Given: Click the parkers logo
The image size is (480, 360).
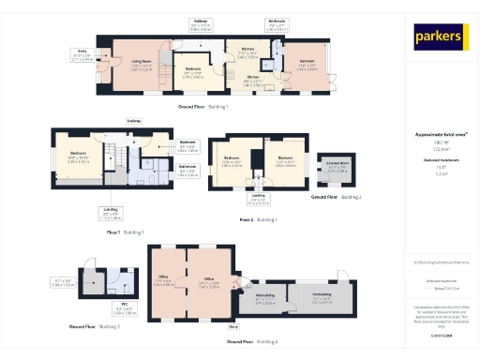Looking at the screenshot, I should coord(440,37).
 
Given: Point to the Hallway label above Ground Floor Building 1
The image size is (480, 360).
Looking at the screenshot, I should coord(201,22).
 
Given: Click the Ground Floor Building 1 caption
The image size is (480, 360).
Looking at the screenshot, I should coord(202,107).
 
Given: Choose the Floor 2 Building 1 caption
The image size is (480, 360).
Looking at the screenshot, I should coord(259,218).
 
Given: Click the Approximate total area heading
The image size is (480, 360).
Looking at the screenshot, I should coord(440,134).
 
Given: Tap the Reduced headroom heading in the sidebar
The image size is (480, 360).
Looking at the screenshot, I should coord(440,161).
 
